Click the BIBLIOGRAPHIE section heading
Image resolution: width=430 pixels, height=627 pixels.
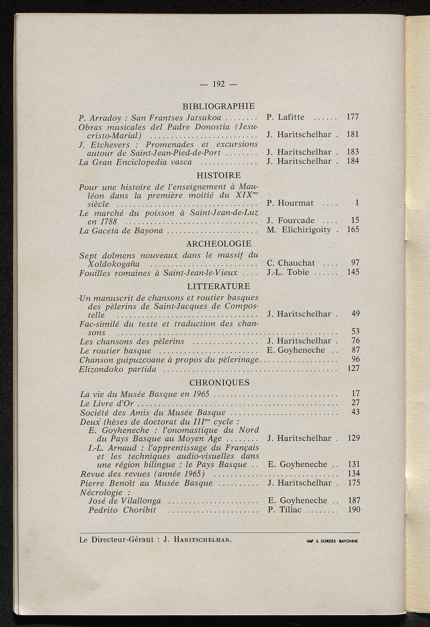[x=219, y=106]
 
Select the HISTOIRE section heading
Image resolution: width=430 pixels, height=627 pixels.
[x=219, y=175]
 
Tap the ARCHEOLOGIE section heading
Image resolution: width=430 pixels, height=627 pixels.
[x=219, y=244]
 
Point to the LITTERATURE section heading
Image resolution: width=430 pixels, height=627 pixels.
[x=219, y=287]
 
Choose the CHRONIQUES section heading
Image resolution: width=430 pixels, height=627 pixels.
[x=219, y=383]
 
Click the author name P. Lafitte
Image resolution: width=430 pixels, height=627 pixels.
[x=286, y=117]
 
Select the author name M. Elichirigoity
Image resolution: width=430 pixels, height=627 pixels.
[x=299, y=230]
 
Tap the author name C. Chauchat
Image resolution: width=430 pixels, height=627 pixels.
[x=291, y=263]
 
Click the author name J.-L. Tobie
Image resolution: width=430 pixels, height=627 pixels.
[x=288, y=272]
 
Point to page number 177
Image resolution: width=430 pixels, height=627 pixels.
[x=352, y=117]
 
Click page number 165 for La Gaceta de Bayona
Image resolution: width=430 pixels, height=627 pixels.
[x=352, y=230]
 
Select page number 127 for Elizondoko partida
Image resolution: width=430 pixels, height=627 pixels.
[x=354, y=368]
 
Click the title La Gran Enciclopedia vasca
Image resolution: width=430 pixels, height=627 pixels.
[x=135, y=162]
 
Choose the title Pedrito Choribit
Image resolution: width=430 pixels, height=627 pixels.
[x=122, y=510]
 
